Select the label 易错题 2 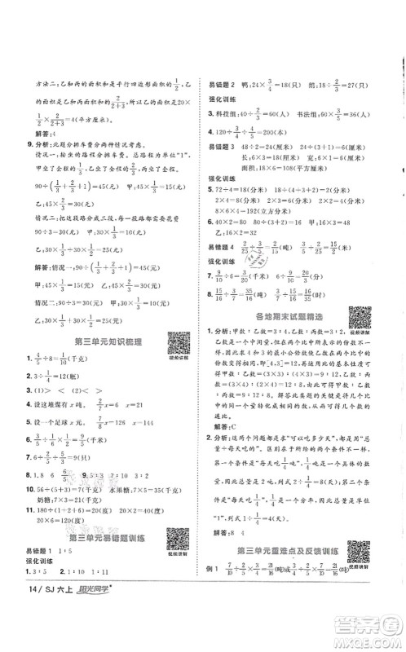225,84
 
